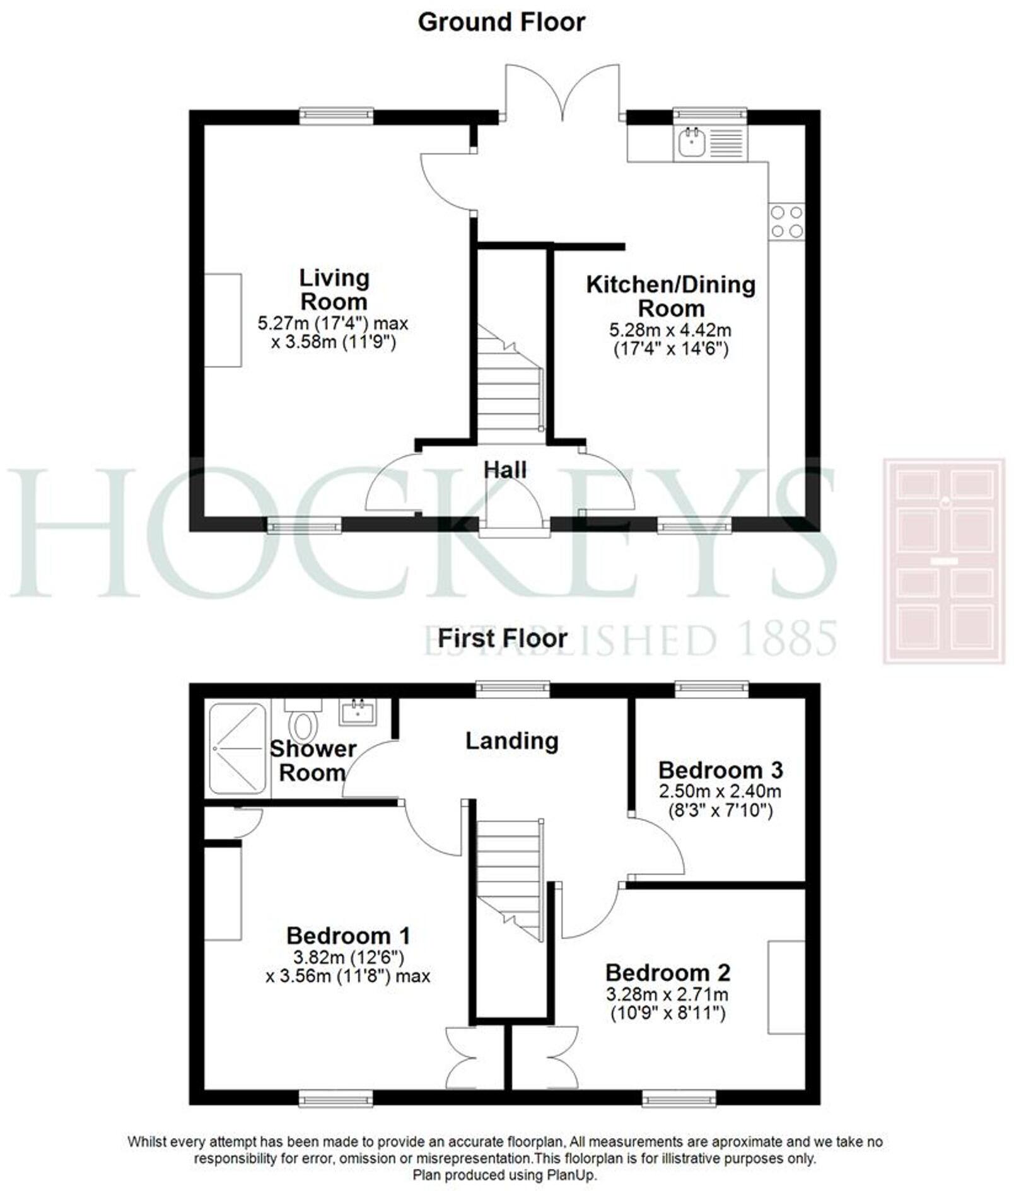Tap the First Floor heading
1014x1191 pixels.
[x=502, y=638]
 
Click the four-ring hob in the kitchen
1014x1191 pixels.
[x=787, y=222]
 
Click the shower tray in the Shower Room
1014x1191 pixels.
[x=237, y=748]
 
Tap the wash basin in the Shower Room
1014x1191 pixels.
[x=358, y=712]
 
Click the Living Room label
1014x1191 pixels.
[x=334, y=289]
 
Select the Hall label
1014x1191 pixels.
[x=505, y=470]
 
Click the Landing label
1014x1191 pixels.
[x=511, y=741]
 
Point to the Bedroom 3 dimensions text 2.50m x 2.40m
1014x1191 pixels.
[x=720, y=791]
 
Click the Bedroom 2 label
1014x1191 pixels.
[x=667, y=972]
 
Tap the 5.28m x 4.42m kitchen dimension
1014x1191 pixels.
[x=670, y=330]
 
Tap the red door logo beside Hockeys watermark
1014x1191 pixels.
[x=943, y=561]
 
